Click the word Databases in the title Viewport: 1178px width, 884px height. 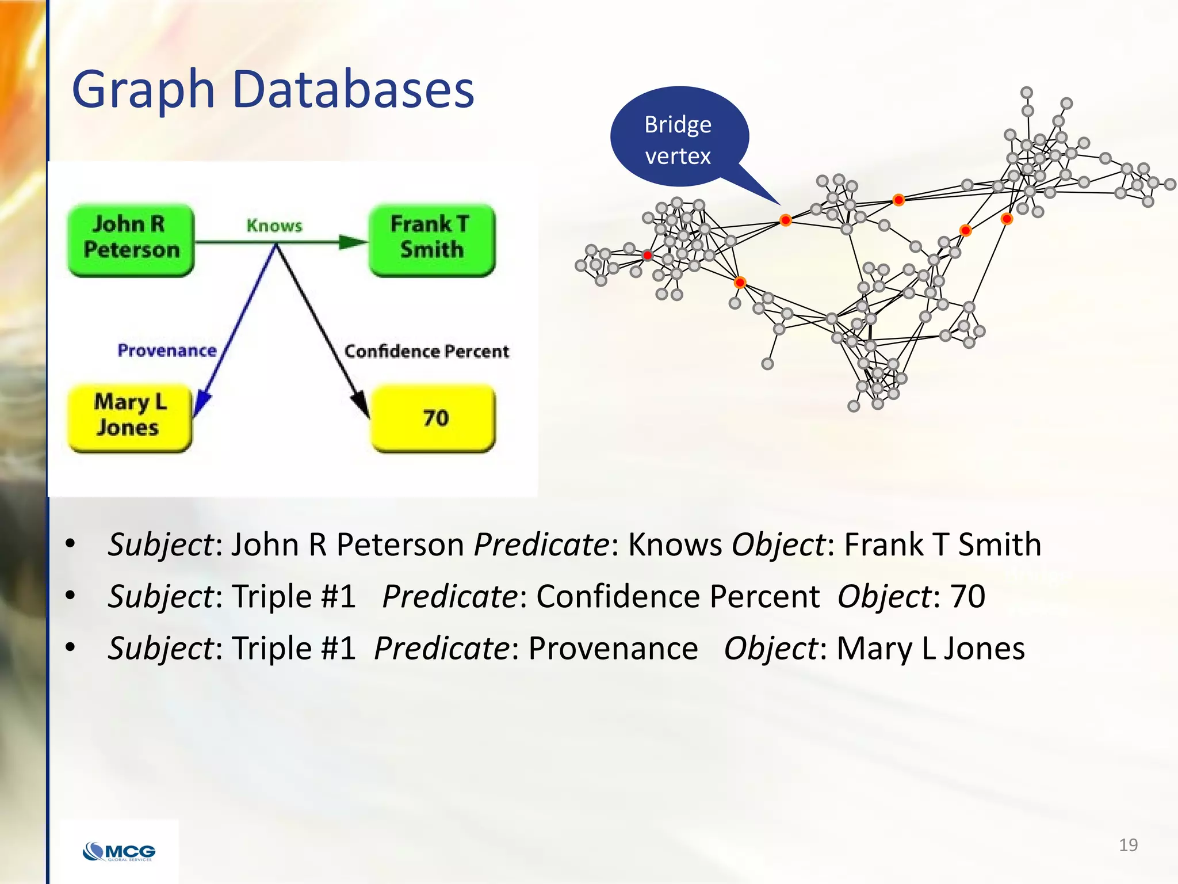tap(353, 90)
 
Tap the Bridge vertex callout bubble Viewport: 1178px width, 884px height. tap(679, 138)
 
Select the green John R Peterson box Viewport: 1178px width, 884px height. tap(131, 239)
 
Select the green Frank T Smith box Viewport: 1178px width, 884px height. tap(431, 239)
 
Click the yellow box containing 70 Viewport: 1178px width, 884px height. tap(433, 418)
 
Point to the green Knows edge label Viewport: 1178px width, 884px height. tap(274, 226)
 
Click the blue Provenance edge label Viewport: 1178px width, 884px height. tap(167, 350)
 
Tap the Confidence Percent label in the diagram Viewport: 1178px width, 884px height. tap(426, 351)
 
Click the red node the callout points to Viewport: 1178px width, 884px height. tap(785, 220)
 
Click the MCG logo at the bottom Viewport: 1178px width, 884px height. tap(119, 851)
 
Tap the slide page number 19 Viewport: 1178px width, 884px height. tap(1128, 845)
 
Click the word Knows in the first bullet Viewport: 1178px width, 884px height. tap(674, 544)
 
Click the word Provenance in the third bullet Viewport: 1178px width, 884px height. tap(613, 649)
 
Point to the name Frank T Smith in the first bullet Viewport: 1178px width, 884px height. tap(942, 544)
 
